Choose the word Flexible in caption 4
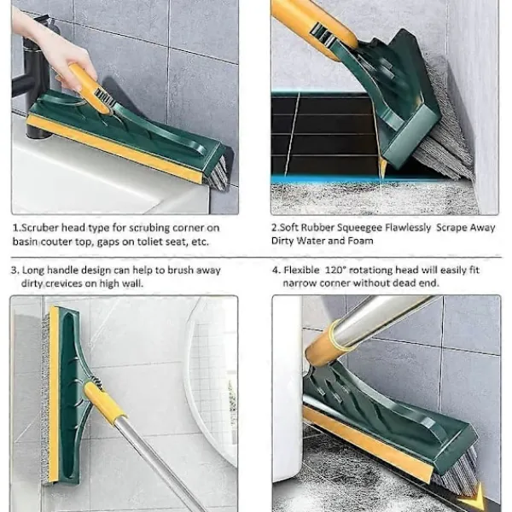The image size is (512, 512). [301, 270]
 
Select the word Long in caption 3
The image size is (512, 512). [33, 271]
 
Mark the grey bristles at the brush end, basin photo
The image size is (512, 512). [216, 173]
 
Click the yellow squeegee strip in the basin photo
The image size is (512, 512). [115, 148]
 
